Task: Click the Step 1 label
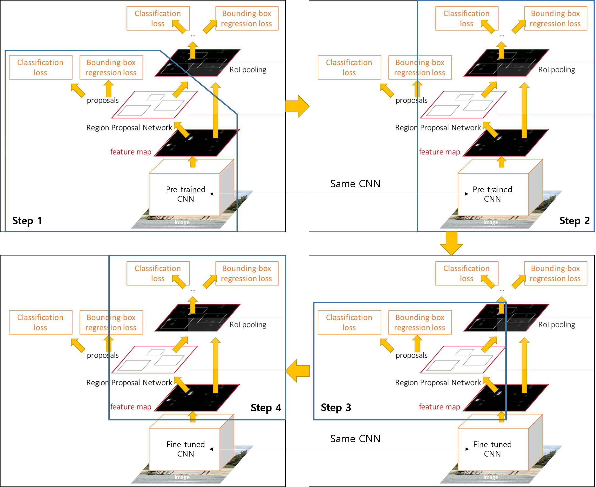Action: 27,221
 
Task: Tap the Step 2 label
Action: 574,221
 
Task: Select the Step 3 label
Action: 336,407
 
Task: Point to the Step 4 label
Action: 266,407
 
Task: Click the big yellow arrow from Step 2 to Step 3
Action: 451,243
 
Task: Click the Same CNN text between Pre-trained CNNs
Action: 355,184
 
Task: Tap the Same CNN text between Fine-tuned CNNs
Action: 355,439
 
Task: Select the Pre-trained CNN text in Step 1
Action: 186,194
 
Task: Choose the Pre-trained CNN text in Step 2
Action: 492,194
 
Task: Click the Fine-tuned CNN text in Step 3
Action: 492,449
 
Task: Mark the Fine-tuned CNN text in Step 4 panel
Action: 186,449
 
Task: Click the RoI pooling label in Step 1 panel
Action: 248,70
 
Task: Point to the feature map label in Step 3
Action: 439,407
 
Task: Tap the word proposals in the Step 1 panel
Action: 103,100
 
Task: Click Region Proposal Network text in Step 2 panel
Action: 438,128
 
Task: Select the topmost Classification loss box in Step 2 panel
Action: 467,19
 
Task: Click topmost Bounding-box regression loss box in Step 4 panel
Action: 246,274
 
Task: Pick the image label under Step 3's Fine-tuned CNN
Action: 491,477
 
